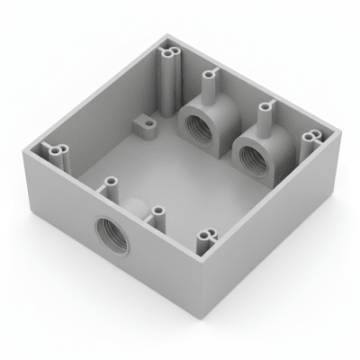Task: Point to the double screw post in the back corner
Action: click(x=169, y=67)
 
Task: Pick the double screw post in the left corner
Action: click(x=58, y=152)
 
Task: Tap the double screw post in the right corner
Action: click(x=312, y=138)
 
